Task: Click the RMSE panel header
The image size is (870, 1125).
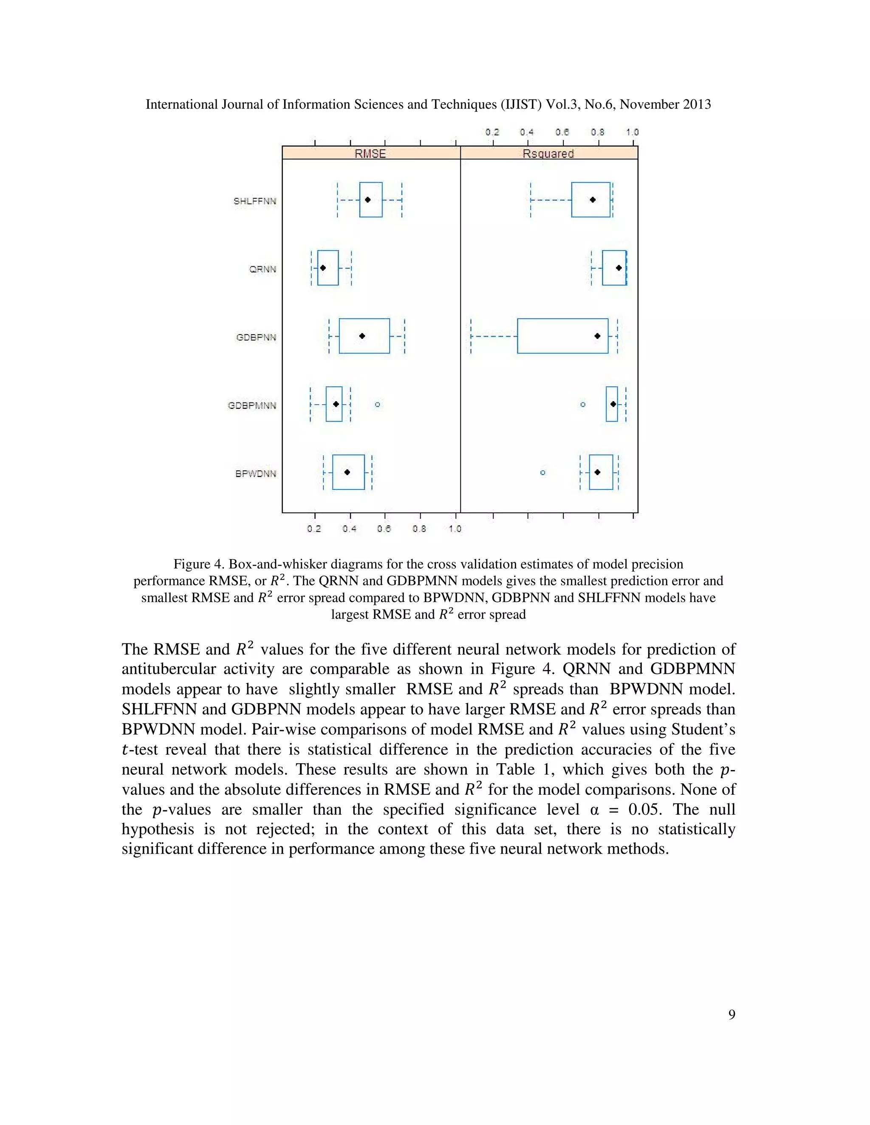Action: pyautogui.click(x=370, y=154)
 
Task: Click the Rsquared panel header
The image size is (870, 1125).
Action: pyautogui.click(x=548, y=154)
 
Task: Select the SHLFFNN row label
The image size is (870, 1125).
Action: pyautogui.click(x=254, y=201)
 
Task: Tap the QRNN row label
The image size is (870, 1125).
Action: pyautogui.click(x=263, y=270)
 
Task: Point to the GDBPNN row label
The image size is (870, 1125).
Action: pyautogui.click(x=256, y=337)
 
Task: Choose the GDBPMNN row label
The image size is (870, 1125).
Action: pyautogui.click(x=252, y=405)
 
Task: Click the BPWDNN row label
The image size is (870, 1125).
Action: pyautogui.click(x=256, y=473)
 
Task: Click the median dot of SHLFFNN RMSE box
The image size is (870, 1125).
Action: pyautogui.click(x=367, y=200)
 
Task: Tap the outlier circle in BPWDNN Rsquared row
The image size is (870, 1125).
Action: pyautogui.click(x=543, y=472)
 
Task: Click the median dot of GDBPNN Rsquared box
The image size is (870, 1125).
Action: pyautogui.click(x=597, y=336)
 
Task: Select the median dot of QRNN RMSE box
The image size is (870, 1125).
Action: pyautogui.click(x=323, y=268)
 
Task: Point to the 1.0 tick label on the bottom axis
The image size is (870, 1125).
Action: pyautogui.click(x=455, y=529)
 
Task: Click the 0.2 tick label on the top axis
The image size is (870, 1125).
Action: pyautogui.click(x=492, y=132)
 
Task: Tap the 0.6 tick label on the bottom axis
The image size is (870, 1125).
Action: pyautogui.click(x=384, y=529)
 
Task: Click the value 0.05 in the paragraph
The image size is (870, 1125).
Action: pyautogui.click(x=643, y=809)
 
